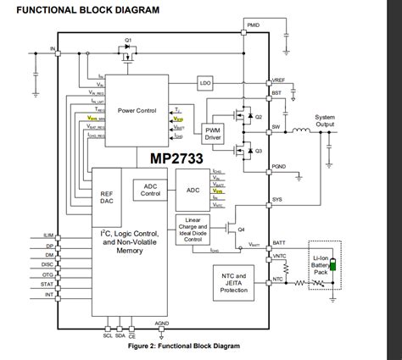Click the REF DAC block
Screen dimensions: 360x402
(107, 197)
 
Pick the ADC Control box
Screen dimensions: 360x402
(151, 191)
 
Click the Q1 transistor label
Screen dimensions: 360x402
(128, 41)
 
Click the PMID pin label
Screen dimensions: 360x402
(253, 26)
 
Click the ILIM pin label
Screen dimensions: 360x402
(48, 234)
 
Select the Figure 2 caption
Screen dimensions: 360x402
(183, 346)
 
